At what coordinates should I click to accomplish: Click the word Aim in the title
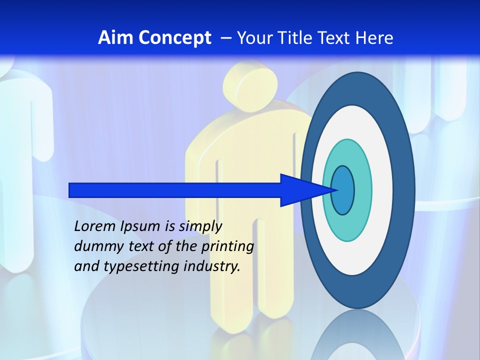113,38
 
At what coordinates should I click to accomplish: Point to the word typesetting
141,267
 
